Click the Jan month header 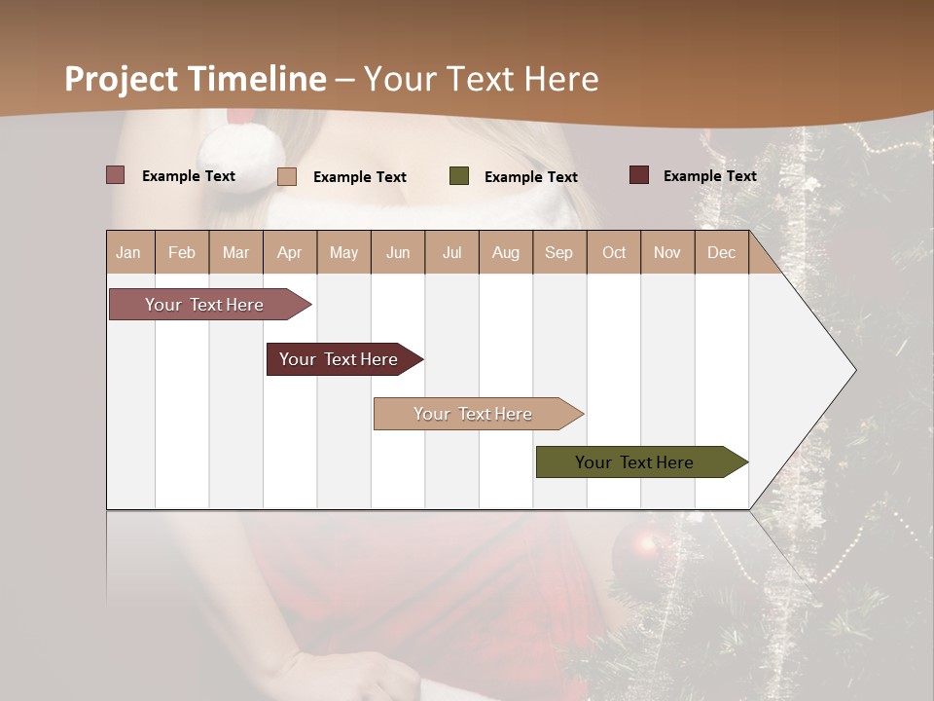click(x=128, y=252)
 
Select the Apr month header click(x=289, y=252)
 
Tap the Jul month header click(x=451, y=252)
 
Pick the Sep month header click(x=558, y=252)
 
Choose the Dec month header click(x=721, y=252)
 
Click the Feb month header click(x=182, y=252)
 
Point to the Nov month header click(x=666, y=252)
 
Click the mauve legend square click(x=116, y=175)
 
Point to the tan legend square click(x=287, y=176)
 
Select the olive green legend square click(x=459, y=176)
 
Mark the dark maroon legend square click(x=639, y=175)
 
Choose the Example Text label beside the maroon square click(x=709, y=176)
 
